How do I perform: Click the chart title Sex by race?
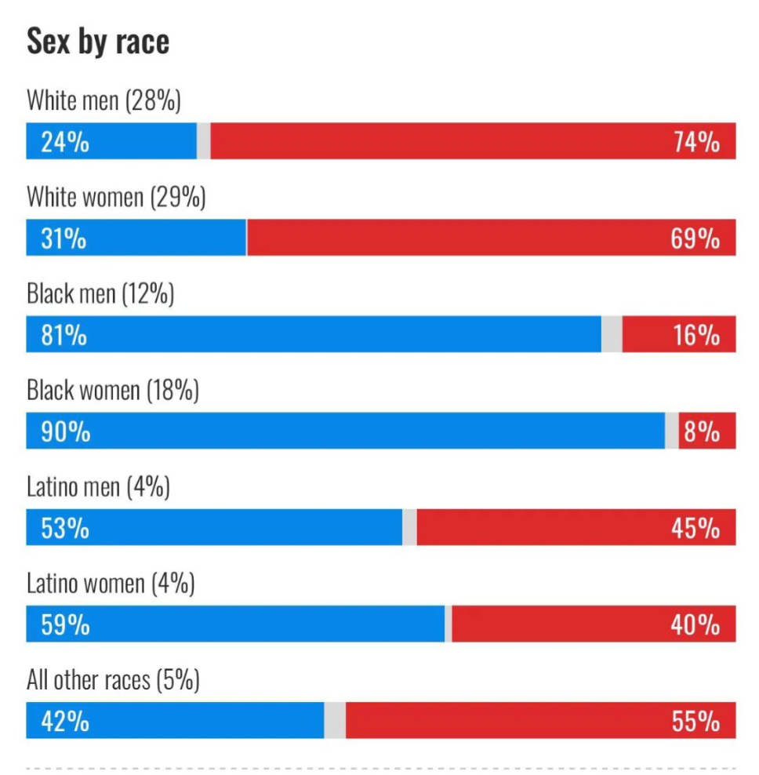click(98, 42)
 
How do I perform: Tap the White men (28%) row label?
click(103, 100)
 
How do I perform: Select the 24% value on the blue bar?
click(65, 142)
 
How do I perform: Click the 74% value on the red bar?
click(695, 142)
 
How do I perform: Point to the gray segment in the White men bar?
click(203, 141)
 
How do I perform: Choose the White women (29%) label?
click(116, 197)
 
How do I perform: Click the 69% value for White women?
click(695, 238)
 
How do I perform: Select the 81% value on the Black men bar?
click(64, 335)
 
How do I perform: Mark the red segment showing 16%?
click(679, 335)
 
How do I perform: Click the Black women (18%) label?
click(113, 390)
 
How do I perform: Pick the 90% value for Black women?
click(65, 431)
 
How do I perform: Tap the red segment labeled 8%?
click(706, 431)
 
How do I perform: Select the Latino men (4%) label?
click(98, 487)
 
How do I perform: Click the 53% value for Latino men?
click(65, 528)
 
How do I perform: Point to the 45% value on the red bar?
click(695, 528)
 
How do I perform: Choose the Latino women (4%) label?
click(111, 584)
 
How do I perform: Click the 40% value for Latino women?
click(695, 624)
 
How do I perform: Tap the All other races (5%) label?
click(113, 680)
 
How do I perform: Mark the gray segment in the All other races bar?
click(335, 721)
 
